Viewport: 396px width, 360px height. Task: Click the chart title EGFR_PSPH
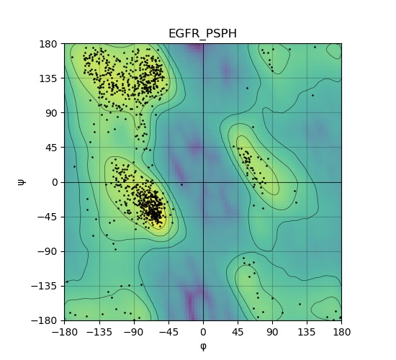203,34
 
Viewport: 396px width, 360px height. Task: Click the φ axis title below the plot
203,346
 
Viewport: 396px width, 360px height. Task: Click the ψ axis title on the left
22,182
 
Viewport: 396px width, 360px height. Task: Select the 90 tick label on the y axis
51,113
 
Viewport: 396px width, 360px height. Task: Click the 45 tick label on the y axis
51,148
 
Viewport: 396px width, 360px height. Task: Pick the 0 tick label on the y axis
55,182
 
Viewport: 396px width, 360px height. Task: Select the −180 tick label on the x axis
65,332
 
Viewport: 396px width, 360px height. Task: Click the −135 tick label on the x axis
99,332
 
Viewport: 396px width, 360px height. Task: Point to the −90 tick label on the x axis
134,332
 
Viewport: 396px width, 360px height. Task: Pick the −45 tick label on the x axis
168,332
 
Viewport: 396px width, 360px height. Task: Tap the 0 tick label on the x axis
203,332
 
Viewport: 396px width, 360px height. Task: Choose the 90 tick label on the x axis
272,332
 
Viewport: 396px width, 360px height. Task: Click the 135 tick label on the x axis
307,332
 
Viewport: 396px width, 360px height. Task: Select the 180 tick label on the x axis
342,332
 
